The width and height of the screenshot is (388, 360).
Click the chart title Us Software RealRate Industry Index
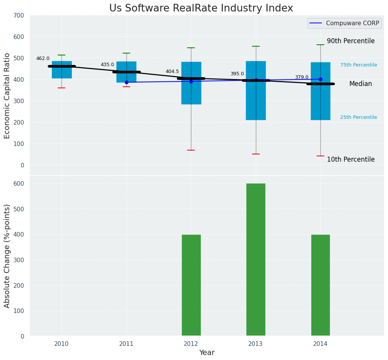(x=201, y=8)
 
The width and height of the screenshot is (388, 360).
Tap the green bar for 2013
(x=255, y=259)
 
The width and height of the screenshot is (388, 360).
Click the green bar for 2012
(x=191, y=285)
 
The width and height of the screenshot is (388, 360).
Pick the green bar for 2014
(x=320, y=285)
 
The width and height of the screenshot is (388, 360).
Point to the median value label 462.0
(x=43, y=58)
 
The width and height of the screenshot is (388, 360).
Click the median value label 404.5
(x=172, y=71)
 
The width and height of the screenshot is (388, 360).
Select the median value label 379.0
(x=302, y=77)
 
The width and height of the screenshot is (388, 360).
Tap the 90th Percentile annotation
(x=351, y=41)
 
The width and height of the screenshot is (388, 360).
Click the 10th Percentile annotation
(x=351, y=159)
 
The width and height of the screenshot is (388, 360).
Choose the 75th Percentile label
(x=359, y=65)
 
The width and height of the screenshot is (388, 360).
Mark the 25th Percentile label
(x=359, y=117)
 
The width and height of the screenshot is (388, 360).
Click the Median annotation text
(x=361, y=84)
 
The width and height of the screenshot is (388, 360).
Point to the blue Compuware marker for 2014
(x=320, y=79)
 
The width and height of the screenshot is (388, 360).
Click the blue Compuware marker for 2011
(x=126, y=82)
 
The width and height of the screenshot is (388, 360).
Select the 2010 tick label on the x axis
(x=61, y=344)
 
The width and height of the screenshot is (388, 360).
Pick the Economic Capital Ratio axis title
(x=7, y=96)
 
